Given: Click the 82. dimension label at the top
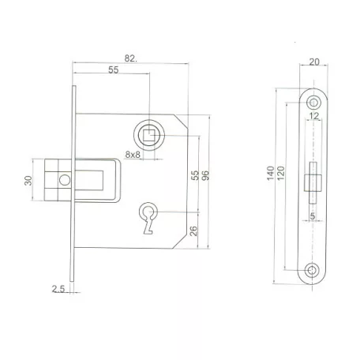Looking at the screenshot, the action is click(130, 58).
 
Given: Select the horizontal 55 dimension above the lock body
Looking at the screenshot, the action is click(114, 70).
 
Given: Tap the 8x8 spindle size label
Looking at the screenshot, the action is click(133, 155).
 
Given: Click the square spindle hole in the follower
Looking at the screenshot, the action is click(149, 135).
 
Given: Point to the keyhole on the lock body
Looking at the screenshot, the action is click(148, 218).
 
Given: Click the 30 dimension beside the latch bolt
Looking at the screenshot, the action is click(28, 180).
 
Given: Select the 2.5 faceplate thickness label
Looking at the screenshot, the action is click(58, 289).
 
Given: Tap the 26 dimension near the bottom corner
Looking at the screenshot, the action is click(193, 231).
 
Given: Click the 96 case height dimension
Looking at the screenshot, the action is click(205, 175).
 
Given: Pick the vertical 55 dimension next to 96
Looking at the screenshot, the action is click(194, 175).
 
